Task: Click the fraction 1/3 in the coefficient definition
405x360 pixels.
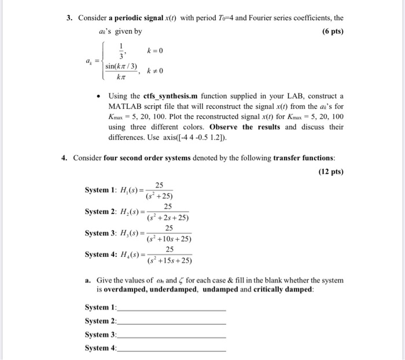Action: click(121, 51)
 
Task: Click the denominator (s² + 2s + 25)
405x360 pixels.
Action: click(168, 218)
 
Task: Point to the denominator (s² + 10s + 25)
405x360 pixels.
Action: click(169, 238)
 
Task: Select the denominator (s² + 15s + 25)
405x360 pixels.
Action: click(169, 260)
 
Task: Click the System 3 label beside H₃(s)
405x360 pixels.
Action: click(101, 233)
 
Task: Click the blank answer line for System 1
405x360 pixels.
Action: click(171, 310)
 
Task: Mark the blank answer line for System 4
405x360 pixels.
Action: click(171, 350)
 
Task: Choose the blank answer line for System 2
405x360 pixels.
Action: click(171, 323)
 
